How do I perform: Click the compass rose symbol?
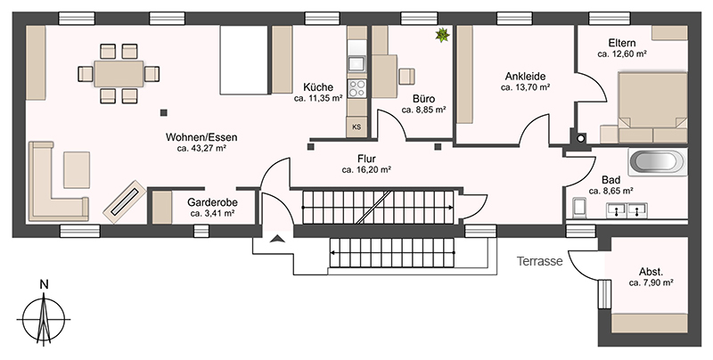coord(44,319)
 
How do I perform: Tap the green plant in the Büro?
coord(442,35)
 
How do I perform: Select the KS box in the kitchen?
coord(356,127)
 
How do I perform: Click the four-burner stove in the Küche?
coord(357,88)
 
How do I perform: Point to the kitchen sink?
coord(357,63)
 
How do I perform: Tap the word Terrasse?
coord(540,261)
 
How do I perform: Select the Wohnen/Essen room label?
coord(201,137)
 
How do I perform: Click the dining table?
coord(119,74)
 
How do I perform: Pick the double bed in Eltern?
coord(652,107)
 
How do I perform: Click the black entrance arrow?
coord(276,238)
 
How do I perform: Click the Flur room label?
coord(366,160)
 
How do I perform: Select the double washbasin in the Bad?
coord(627,209)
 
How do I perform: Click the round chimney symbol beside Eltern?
coord(581,139)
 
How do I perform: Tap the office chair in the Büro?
coord(407,76)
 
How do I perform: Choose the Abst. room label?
coord(651,273)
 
